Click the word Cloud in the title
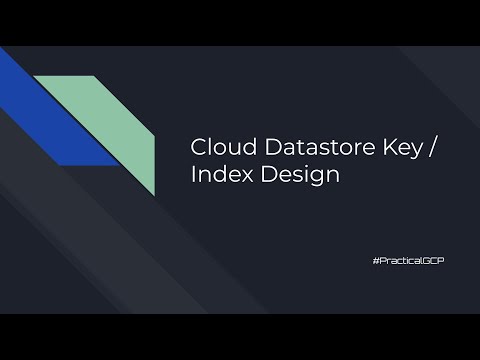[217, 147]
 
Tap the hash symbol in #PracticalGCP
[373, 259]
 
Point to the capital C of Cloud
[198, 147]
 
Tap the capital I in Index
[193, 176]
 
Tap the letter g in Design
[300, 179]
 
